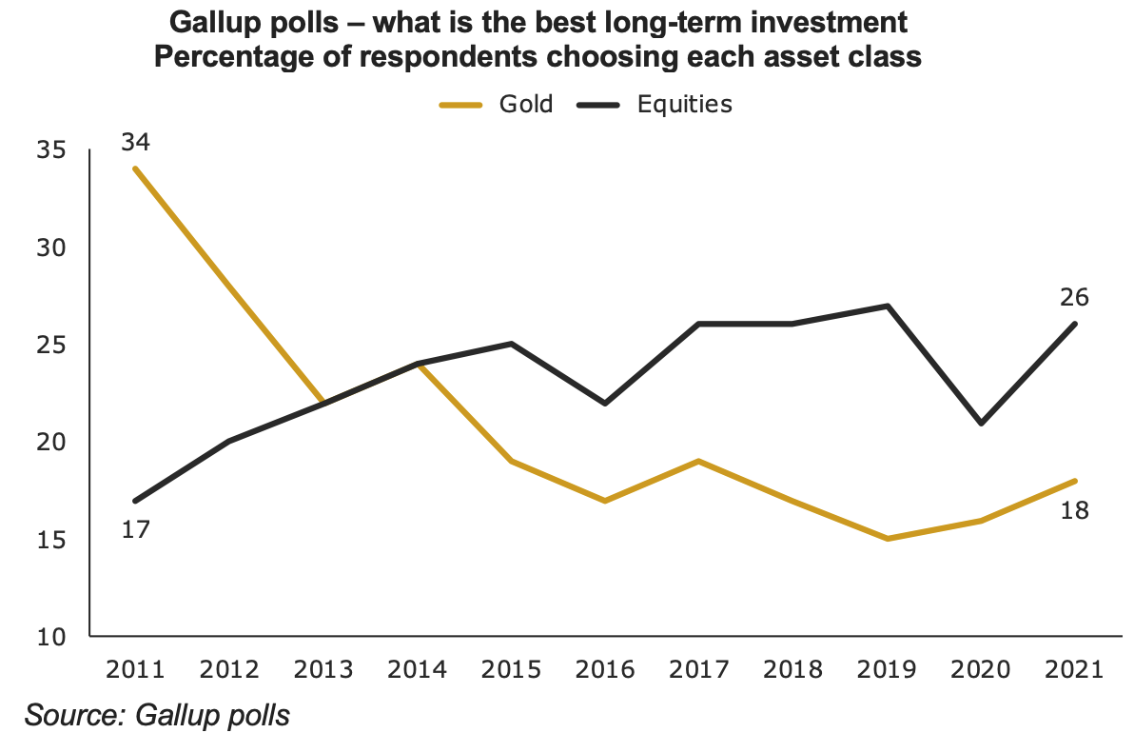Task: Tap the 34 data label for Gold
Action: (136, 143)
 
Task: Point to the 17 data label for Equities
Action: (136, 528)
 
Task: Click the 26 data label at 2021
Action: (1074, 298)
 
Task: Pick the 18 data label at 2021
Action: (1074, 509)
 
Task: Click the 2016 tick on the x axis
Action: (605, 668)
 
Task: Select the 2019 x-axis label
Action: (887, 668)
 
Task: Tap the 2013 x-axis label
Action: (323, 668)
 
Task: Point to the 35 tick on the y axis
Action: (53, 150)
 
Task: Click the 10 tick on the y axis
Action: (53, 636)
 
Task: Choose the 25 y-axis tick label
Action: (53, 345)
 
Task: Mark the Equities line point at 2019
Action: (887, 306)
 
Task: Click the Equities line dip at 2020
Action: (981, 423)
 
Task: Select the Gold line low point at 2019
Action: (887, 539)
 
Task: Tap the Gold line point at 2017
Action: (699, 461)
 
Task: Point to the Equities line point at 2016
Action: (605, 403)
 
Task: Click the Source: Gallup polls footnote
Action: (157, 714)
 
